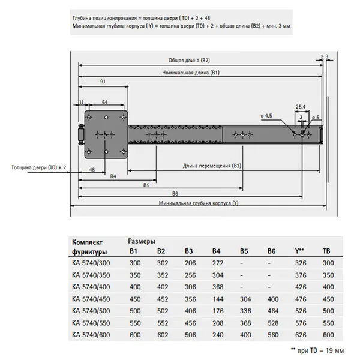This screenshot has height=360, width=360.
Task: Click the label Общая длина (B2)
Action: [x=189, y=61]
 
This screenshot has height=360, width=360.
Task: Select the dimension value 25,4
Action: [x=301, y=106]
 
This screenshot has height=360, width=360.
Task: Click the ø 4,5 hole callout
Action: [x=267, y=115]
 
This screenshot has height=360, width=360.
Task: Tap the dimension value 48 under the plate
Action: [x=92, y=170]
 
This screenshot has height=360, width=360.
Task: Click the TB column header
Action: [x=326, y=251]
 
